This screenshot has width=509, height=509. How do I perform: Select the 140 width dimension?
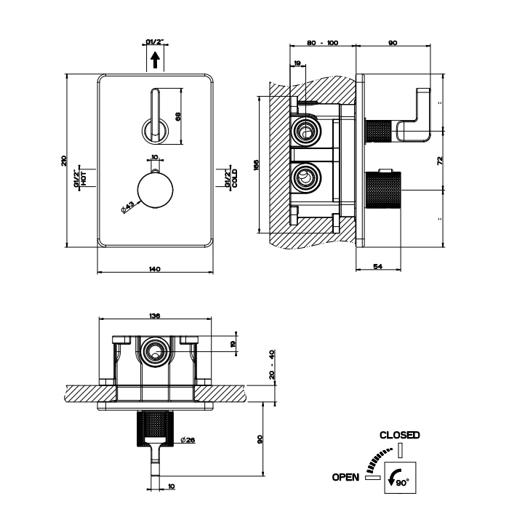click(154, 270)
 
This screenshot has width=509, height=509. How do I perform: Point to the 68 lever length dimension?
click(178, 116)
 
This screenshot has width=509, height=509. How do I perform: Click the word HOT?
click(84, 177)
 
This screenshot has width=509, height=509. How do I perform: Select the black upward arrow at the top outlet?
click(154, 59)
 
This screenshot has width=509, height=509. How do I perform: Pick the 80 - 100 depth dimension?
click(323, 44)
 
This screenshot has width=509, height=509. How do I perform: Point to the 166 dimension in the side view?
click(256, 165)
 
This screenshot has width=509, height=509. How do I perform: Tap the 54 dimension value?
click(378, 267)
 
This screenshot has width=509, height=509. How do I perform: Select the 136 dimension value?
click(154, 316)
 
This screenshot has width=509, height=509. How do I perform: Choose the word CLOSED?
click(399, 435)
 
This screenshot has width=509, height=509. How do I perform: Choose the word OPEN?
click(346, 477)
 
